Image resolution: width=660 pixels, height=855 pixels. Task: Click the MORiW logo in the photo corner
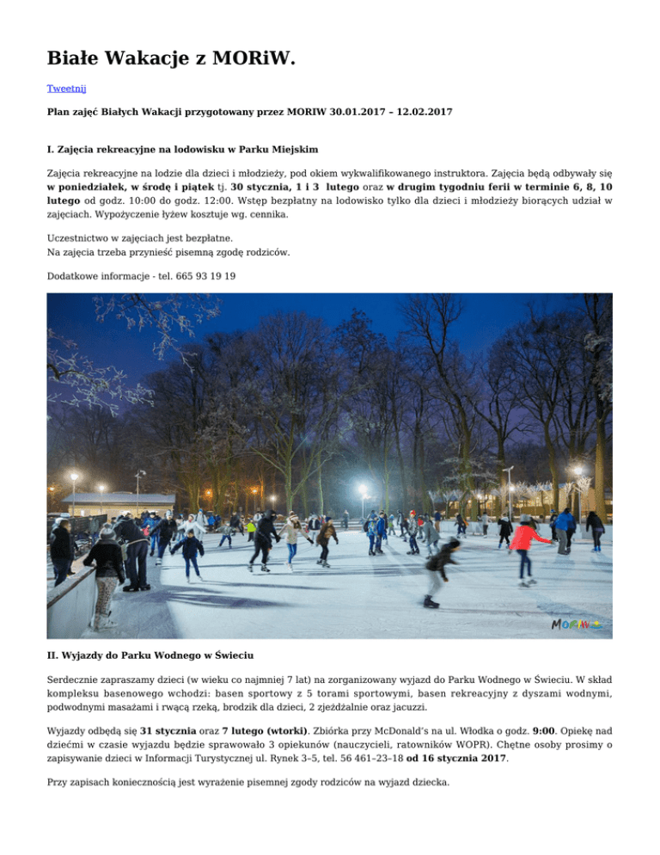click(x=576, y=624)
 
